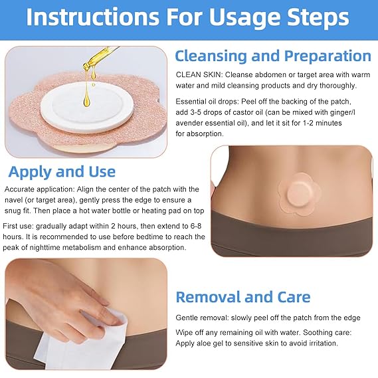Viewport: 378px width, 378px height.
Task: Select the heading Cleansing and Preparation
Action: coord(272,56)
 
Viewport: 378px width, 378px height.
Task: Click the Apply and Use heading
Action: coord(62,172)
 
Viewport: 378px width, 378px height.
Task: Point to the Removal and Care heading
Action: coord(242,297)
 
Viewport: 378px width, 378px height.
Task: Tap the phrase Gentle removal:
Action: coord(201,318)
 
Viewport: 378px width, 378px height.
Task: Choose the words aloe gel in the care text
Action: coord(213,343)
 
